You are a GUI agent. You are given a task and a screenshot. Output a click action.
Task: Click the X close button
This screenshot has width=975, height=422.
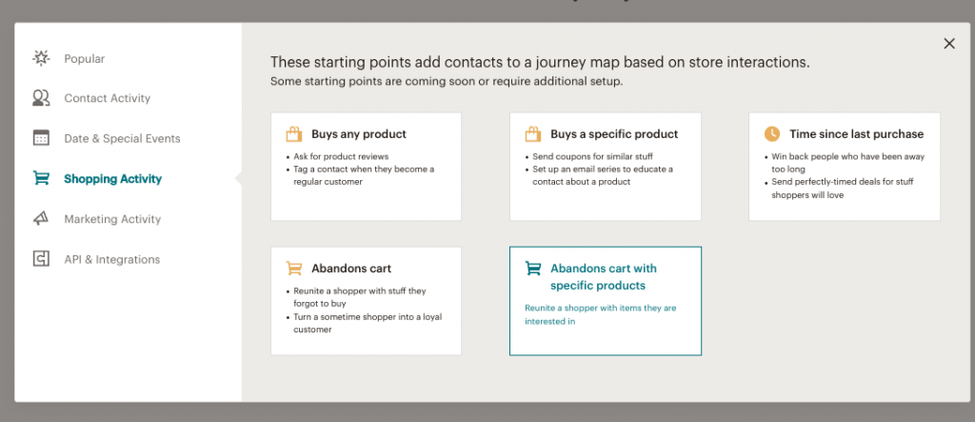click(949, 44)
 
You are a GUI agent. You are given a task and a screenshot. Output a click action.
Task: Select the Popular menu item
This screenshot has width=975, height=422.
click(85, 58)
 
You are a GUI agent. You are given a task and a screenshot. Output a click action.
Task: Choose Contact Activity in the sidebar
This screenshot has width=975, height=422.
click(108, 98)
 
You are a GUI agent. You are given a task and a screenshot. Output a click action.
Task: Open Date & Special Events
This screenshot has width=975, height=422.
click(123, 138)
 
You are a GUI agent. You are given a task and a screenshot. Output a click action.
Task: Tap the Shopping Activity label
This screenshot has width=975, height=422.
click(112, 179)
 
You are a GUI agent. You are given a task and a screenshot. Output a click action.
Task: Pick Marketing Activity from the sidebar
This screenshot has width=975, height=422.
click(112, 219)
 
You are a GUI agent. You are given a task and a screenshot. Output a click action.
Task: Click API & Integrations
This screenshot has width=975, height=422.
click(112, 259)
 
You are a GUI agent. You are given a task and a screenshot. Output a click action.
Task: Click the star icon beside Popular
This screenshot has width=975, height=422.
click(41, 58)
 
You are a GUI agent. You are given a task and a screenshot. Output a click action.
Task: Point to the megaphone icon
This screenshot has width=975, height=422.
click(41, 218)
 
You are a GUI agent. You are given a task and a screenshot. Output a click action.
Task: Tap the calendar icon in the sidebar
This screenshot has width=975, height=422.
click(41, 137)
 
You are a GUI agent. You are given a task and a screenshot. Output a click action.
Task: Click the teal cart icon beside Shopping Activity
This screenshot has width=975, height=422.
click(41, 179)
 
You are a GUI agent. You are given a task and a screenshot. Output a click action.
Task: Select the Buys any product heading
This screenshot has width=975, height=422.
click(359, 133)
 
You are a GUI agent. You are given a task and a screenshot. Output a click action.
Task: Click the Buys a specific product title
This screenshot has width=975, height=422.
click(614, 133)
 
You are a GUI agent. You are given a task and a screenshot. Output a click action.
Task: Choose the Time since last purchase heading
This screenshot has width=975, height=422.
click(857, 133)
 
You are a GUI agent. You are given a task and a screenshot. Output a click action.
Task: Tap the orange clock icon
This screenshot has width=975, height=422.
click(771, 133)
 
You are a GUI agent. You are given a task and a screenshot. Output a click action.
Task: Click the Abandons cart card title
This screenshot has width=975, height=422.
click(351, 269)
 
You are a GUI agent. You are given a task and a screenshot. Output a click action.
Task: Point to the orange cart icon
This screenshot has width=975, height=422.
click(294, 269)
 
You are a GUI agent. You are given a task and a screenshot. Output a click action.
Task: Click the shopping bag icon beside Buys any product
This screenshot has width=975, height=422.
click(293, 133)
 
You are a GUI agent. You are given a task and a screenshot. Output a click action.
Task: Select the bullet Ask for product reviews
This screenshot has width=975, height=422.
click(341, 156)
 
